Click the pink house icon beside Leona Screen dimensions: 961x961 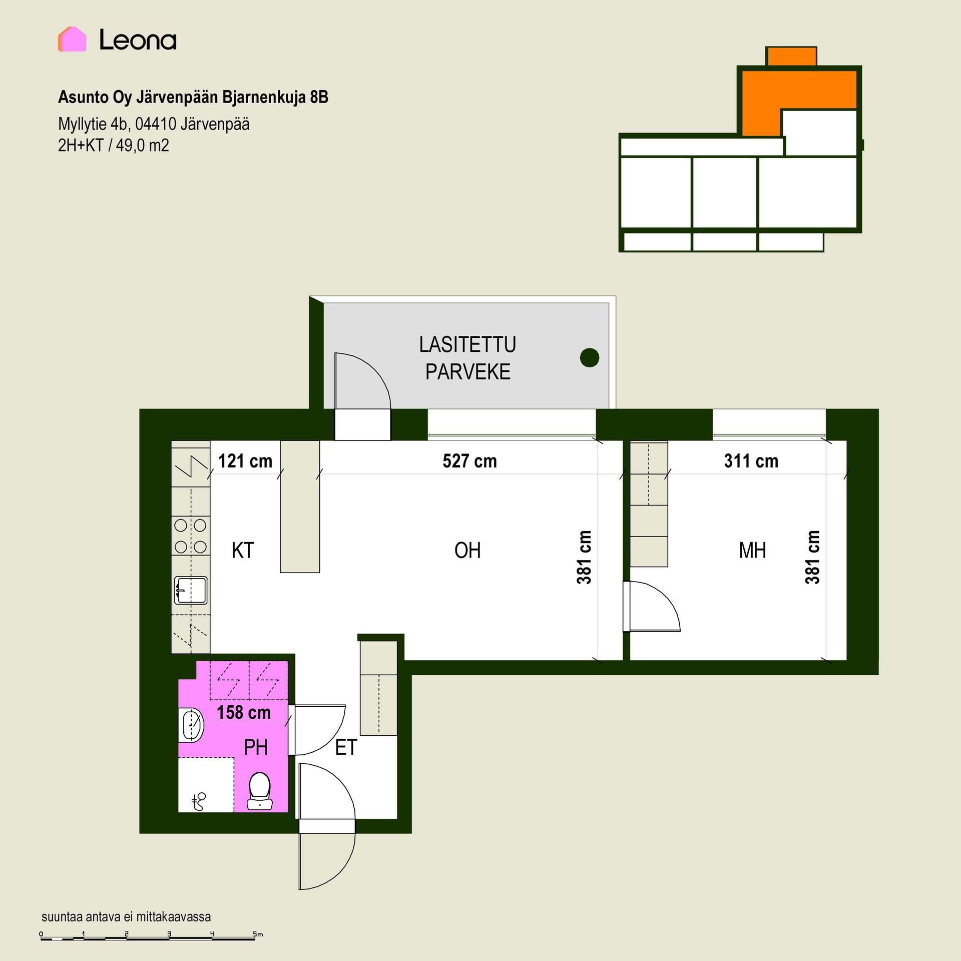tap(72, 39)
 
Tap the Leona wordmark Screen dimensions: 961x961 tap(138, 40)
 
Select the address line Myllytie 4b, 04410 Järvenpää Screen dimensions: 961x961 tap(154, 124)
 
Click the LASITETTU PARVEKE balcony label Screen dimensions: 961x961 tap(467, 358)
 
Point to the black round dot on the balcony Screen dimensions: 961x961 tap(590, 357)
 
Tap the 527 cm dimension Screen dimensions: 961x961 tap(469, 461)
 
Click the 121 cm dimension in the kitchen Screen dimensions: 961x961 tap(245, 461)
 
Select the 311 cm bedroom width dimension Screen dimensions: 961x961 tap(751, 461)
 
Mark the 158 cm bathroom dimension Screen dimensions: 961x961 tap(243, 712)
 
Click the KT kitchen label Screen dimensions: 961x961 tap(243, 550)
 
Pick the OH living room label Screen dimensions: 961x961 tap(467, 550)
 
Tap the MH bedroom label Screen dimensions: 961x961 tap(752, 550)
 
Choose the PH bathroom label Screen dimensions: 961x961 tap(256, 747)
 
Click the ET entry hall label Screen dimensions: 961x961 tap(346, 747)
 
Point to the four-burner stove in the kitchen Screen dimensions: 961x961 tap(190, 536)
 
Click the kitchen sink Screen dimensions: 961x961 tap(191, 590)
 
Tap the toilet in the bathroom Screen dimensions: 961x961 tap(259, 791)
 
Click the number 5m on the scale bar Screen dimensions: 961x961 tap(258, 934)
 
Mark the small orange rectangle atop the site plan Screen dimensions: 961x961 tap(791, 57)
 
